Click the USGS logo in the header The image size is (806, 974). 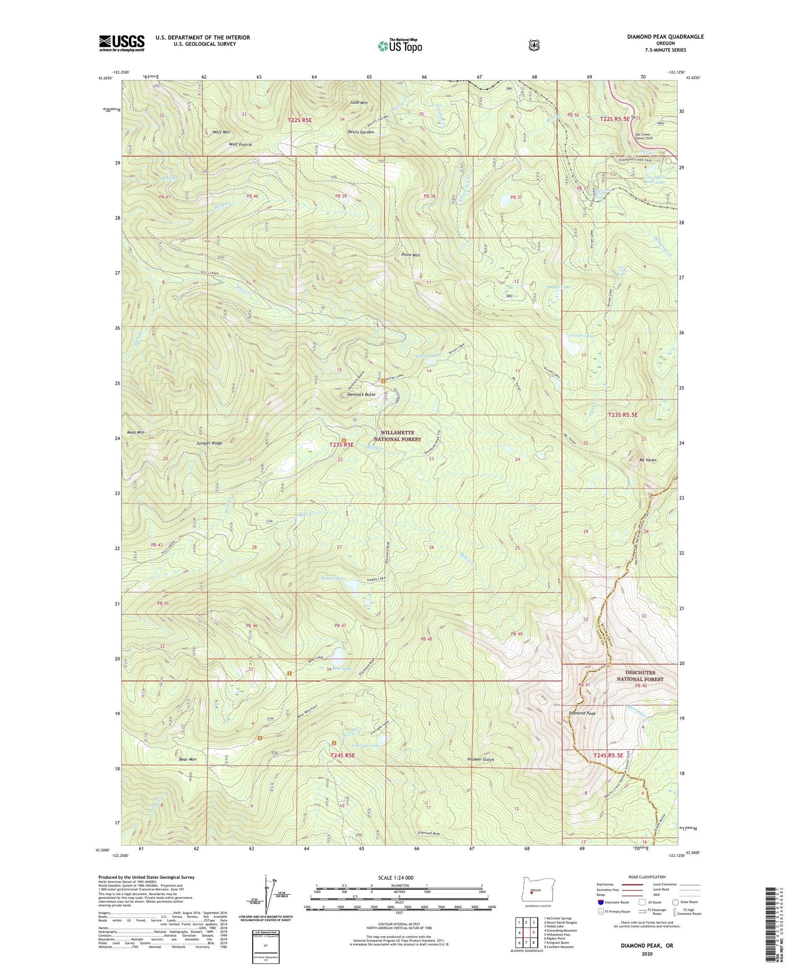pos(122,43)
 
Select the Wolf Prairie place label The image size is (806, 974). pos(240,144)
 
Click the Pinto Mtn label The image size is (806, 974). pos(411,254)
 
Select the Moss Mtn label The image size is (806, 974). pos(136,432)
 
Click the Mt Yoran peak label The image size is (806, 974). pos(647,460)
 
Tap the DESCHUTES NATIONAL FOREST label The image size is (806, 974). pos(640,676)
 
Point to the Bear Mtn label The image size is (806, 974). pos(187,759)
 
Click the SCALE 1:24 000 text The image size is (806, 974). pos(395,877)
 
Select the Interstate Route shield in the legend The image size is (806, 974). pos(600,902)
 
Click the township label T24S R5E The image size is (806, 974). pos(342,755)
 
